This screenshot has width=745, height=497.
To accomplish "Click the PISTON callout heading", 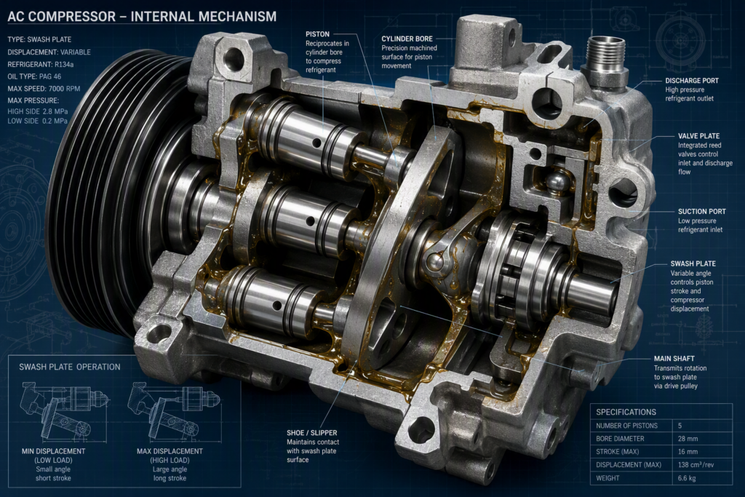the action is [x=317, y=34].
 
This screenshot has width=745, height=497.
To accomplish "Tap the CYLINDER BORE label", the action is [x=407, y=39].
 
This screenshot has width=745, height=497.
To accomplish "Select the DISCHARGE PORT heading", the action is [x=692, y=81].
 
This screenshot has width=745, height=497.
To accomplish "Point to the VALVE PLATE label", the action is [x=698, y=136].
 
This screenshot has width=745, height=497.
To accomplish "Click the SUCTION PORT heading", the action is [x=702, y=212].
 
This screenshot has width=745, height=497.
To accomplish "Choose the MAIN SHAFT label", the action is [x=674, y=359].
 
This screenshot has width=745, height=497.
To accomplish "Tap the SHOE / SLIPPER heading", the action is [x=311, y=433].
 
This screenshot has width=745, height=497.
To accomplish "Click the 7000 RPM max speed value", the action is [x=64, y=89].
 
